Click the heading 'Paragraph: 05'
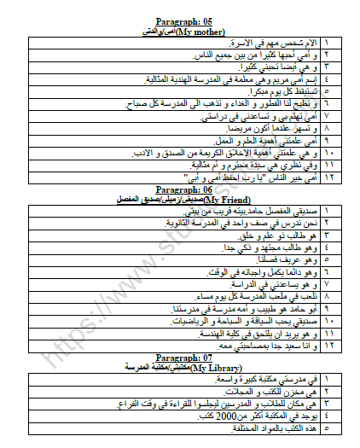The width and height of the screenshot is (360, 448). pyautogui.click(x=182, y=20)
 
